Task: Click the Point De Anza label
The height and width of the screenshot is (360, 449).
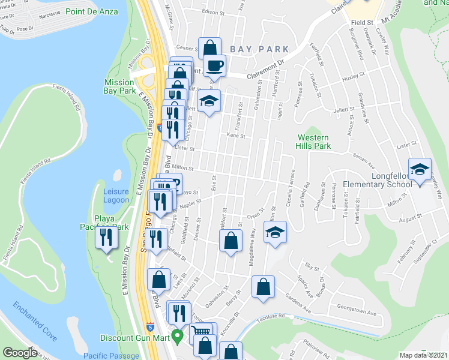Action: pyautogui.click(x=90, y=11)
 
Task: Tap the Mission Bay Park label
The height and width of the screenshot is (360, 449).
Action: pyautogui.click(x=119, y=86)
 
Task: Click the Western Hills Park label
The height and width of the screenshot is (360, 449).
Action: pyautogui.click(x=314, y=142)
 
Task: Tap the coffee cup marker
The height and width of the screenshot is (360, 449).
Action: pyautogui.click(x=214, y=65)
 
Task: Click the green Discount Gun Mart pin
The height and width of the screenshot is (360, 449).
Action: pyautogui.click(x=176, y=335)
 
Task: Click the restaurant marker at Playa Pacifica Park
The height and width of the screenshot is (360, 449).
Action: pyautogui.click(x=107, y=238)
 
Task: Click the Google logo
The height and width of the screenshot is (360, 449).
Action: pyautogui.click(x=20, y=353)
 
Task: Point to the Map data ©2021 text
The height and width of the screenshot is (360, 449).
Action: pyautogui.click(x=424, y=355)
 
